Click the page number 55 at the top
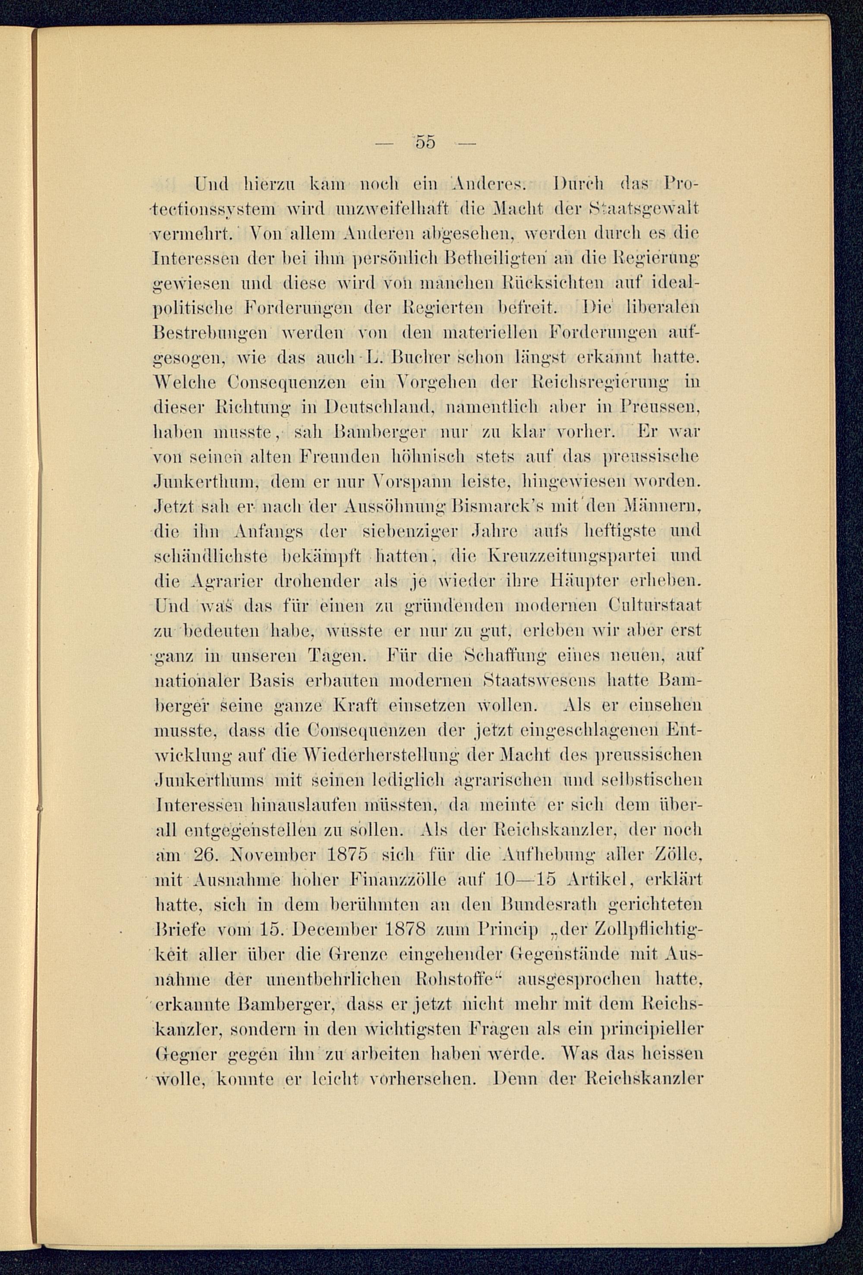(x=425, y=142)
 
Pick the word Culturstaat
(x=655, y=605)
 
